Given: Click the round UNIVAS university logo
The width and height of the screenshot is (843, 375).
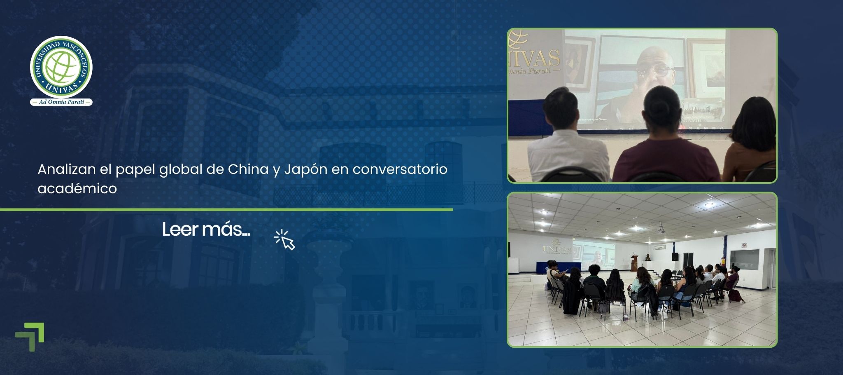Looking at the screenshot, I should pos(61,67).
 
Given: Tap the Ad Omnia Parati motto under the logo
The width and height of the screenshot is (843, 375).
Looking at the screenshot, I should pos(61,102).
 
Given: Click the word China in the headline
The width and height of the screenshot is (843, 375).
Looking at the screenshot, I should pos(248,169).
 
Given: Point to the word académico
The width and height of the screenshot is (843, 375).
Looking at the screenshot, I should pos(77,188).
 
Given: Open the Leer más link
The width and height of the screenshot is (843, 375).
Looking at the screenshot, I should pos(206,230).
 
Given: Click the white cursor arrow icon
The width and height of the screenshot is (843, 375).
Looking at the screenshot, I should pos(286,241).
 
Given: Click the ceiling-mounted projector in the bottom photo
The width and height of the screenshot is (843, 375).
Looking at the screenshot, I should pos(661,226).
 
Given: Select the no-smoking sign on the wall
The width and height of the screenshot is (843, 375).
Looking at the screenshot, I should pos(744,246).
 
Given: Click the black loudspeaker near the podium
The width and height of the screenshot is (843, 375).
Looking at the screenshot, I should pos(675,256).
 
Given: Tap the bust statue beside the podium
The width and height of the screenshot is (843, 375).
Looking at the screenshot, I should pos(647,258).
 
